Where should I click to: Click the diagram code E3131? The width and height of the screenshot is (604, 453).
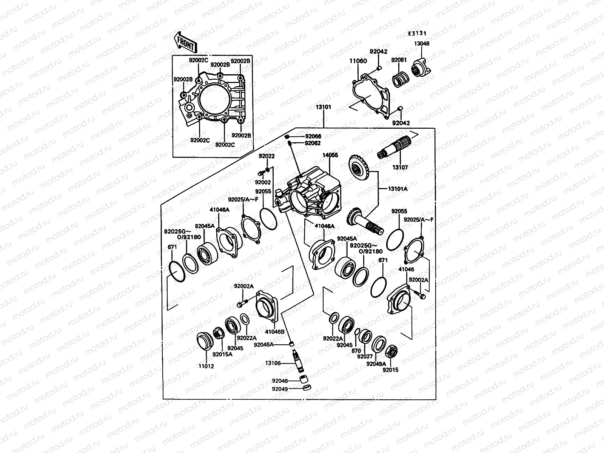click(419, 34)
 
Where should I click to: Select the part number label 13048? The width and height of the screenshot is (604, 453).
click(422, 44)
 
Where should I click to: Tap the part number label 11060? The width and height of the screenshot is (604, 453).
click(357, 61)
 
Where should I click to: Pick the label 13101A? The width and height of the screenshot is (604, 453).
click(398, 189)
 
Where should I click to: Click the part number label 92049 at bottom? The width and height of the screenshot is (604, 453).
click(280, 389)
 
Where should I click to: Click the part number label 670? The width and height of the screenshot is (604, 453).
click(356, 351)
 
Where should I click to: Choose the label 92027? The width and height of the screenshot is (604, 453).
click(365, 356)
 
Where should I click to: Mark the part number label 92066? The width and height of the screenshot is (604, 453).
click(313, 136)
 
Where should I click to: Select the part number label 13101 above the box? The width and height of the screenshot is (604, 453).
click(324, 107)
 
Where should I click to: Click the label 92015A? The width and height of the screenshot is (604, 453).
click(222, 354)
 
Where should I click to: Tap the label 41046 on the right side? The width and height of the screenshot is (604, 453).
click(406, 270)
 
